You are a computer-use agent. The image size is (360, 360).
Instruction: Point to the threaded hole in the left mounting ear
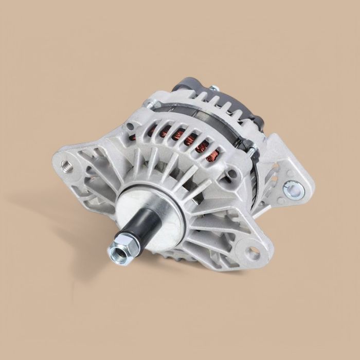[x=66, y=165]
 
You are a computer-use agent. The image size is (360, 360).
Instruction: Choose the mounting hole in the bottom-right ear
[x=253, y=251]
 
